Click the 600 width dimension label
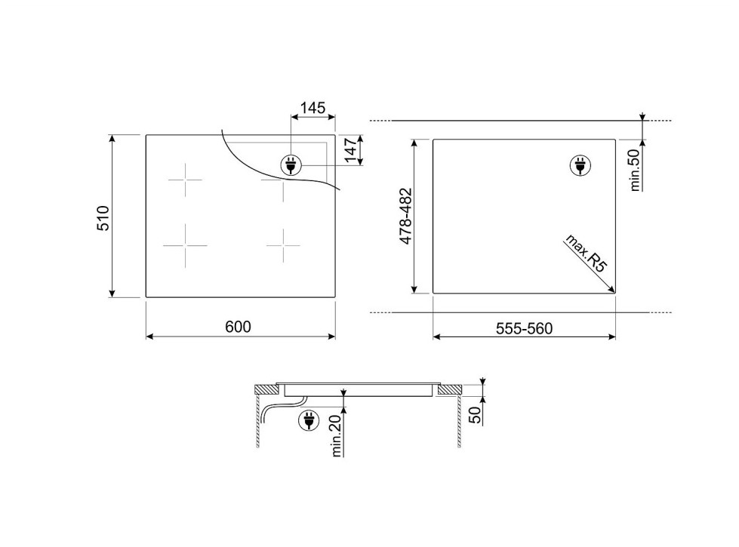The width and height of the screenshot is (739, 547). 238,327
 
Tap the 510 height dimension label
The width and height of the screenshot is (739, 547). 103,218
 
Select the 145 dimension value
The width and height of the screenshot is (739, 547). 313,108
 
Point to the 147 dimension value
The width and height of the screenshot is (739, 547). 351,150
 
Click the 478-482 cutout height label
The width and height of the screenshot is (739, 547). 406,216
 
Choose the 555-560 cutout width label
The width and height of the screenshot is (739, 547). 524,328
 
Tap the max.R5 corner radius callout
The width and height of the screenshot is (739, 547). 586,254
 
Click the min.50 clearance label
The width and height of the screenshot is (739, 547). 636,170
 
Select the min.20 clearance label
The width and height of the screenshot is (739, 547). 337,436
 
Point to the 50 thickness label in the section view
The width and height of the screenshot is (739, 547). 476,414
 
